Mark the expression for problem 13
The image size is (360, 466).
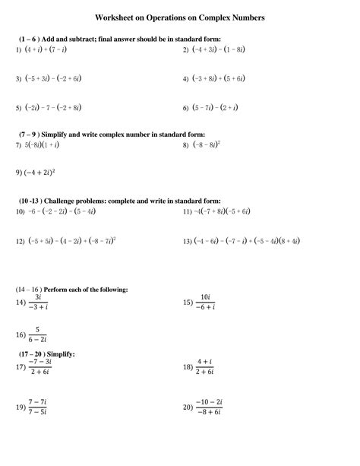coord(245,241)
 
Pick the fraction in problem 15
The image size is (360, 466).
coord(205,302)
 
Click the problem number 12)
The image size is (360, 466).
coord(21,241)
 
